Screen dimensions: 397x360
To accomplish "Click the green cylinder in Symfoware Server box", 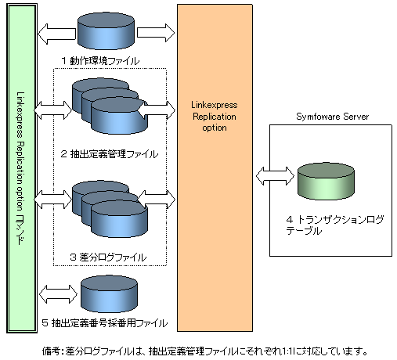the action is tap(326, 182).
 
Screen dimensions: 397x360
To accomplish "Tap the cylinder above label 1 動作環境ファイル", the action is tap(106, 31).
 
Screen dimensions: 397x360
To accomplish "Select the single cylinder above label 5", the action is tap(109, 294).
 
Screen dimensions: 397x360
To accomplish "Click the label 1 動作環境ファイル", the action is tap(100, 61).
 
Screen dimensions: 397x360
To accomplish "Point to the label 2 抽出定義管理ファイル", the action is tap(110, 154).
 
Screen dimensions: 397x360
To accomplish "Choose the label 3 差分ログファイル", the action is tap(108, 257).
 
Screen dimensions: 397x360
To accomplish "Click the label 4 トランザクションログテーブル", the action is tap(335, 225).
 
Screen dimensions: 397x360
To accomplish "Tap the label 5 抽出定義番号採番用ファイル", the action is tap(105, 323).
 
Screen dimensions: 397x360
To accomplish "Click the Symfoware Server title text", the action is tap(332, 117).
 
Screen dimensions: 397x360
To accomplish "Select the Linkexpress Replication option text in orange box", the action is tap(215, 116).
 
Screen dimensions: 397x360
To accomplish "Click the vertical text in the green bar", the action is tap(21, 168).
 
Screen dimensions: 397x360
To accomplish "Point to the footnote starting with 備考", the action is tap(205, 351).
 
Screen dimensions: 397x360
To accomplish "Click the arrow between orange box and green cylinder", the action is tap(275, 176).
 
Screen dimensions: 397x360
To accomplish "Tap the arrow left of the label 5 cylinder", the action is tap(58, 294).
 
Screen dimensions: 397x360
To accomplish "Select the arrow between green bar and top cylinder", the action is tap(56, 34).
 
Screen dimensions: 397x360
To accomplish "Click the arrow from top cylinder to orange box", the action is tap(156, 33).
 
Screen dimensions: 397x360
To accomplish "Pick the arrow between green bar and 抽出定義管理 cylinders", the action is tap(53, 110).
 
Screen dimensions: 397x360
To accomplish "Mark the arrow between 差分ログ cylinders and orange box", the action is tap(157, 200).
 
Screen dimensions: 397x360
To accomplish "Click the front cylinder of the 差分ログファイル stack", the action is tap(119, 219).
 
